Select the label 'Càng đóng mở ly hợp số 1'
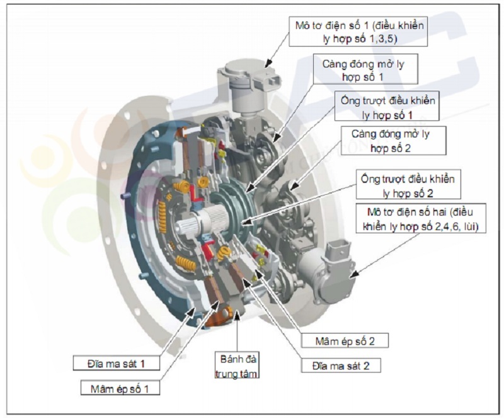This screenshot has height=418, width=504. pos(366,70)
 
